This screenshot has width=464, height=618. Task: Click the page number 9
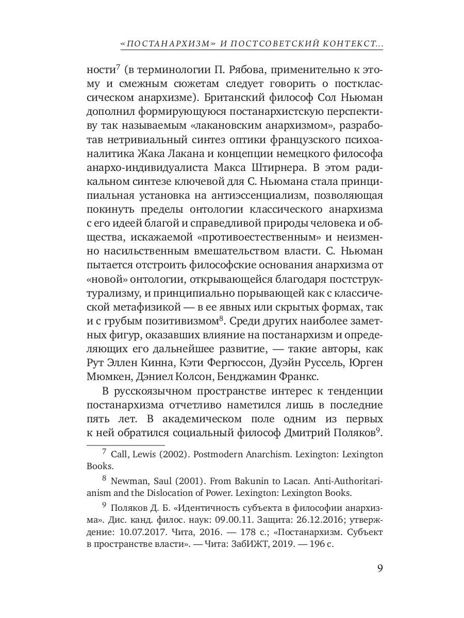click(x=379, y=569)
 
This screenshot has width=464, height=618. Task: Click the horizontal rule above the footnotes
click(x=125, y=444)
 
